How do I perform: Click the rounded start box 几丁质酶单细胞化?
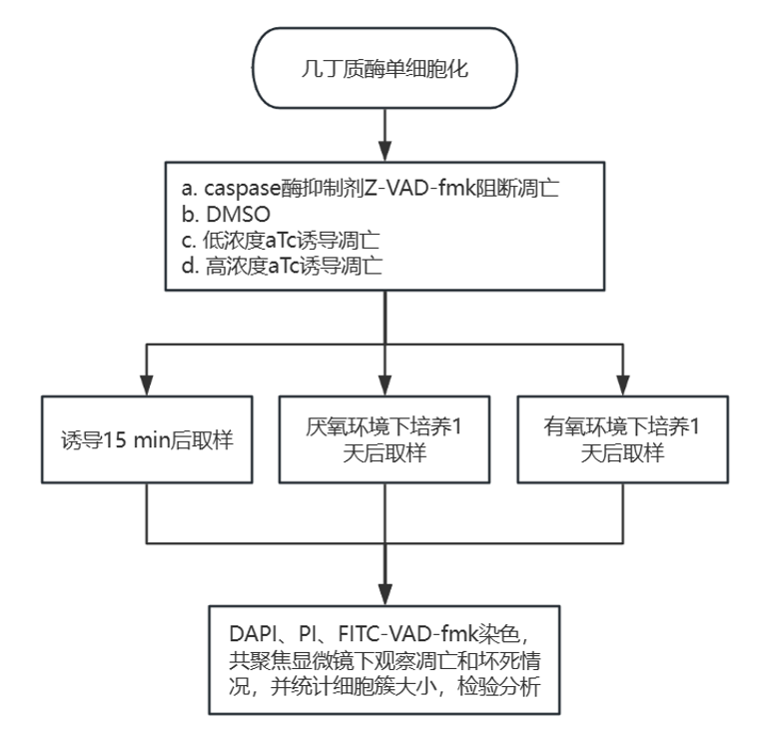point(383,74)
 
